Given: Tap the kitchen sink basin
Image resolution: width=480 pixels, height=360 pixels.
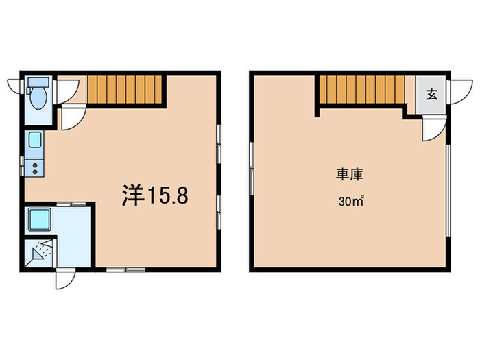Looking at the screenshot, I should click(x=34, y=142).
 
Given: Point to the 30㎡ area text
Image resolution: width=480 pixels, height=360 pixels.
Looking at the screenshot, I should click(x=349, y=202).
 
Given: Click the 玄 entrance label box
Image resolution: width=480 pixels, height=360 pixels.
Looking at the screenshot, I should click(x=432, y=95).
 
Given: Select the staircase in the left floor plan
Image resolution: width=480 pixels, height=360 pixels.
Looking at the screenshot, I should click(x=125, y=90).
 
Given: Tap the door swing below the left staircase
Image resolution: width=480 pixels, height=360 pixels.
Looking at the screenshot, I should click(x=71, y=117).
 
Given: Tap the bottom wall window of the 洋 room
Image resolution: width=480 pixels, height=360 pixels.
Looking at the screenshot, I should click(x=125, y=269).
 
